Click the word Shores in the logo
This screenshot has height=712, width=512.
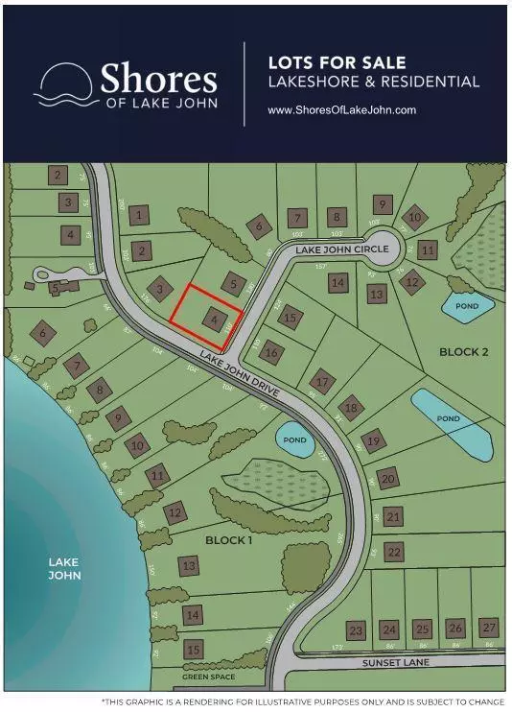[x=158, y=79]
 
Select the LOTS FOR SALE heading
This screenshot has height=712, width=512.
[x=329, y=63]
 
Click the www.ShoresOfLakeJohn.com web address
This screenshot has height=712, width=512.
[x=341, y=110]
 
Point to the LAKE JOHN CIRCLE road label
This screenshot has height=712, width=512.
[x=342, y=249]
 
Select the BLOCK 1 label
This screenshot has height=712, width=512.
[x=229, y=540]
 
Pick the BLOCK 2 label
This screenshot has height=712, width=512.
[x=464, y=352]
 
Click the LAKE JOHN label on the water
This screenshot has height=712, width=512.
[x=65, y=568]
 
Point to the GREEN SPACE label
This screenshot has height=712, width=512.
[x=208, y=676]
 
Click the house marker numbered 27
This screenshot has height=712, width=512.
[x=489, y=628]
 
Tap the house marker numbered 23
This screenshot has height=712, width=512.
[x=356, y=630]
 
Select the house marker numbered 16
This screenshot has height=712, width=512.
[x=272, y=352]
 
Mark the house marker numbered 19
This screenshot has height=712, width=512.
[x=374, y=440]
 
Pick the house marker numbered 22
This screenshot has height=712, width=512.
[x=393, y=552]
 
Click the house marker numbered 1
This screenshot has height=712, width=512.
[x=140, y=216]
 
